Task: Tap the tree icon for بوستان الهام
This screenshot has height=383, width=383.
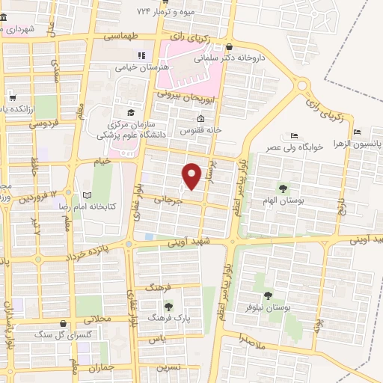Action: tap(283, 188)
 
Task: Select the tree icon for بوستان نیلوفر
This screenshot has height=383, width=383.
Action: tap(268, 295)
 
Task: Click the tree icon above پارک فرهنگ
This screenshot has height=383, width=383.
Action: tap(168, 305)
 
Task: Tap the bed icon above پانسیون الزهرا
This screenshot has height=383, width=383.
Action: tap(358, 132)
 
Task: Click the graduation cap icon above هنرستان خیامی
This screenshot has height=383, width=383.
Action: tap(141, 55)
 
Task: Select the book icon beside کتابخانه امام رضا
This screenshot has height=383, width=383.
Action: tap(88, 194)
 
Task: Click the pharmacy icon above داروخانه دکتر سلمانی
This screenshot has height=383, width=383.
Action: tap(230, 44)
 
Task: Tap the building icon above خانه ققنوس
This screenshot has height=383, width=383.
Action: tap(200, 119)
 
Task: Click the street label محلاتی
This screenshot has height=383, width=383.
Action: tap(98, 319)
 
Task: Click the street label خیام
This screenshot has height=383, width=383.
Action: tap(101, 160)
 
